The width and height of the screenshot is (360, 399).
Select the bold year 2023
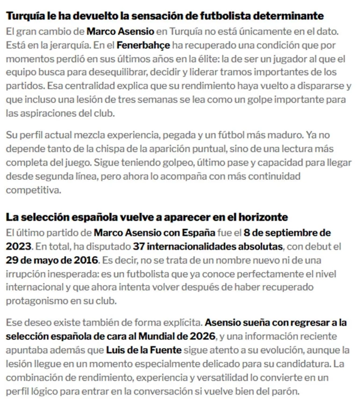click(17, 246)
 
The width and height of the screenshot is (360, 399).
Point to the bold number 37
click(139, 246)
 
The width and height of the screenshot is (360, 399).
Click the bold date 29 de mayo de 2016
click(52, 259)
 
